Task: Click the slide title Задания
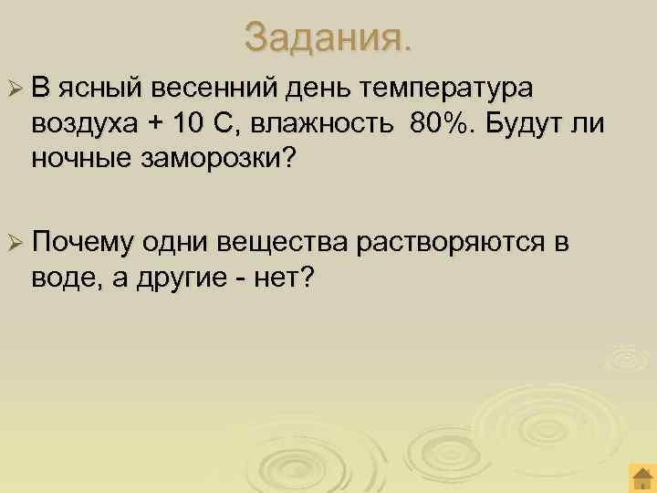point(328,37)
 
